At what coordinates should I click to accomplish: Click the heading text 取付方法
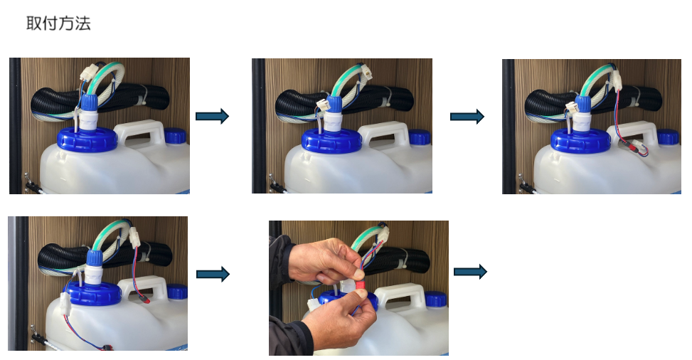pyautogui.click(x=58, y=23)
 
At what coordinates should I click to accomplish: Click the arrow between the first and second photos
pyautogui.click(x=212, y=116)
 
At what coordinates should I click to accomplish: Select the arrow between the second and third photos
pyautogui.click(x=467, y=117)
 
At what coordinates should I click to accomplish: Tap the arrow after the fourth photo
pyautogui.click(x=213, y=275)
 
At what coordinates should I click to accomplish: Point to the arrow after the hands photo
pyautogui.click(x=470, y=272)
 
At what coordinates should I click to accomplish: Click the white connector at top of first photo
pyautogui.click(x=90, y=73)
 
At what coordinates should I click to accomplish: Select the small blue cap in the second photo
pyautogui.click(x=420, y=137)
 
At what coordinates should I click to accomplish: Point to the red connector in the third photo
pyautogui.click(x=634, y=147)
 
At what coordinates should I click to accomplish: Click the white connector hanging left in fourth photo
pyautogui.click(x=65, y=304)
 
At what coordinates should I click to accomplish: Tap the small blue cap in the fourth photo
pyautogui.click(x=176, y=292)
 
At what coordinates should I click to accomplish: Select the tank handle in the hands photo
pyautogui.click(x=400, y=295)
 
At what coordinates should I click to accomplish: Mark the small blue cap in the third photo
pyautogui.click(x=668, y=137)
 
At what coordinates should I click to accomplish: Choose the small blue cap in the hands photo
pyautogui.click(x=436, y=299)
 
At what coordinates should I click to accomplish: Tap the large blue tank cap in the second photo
pyautogui.click(x=332, y=141)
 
